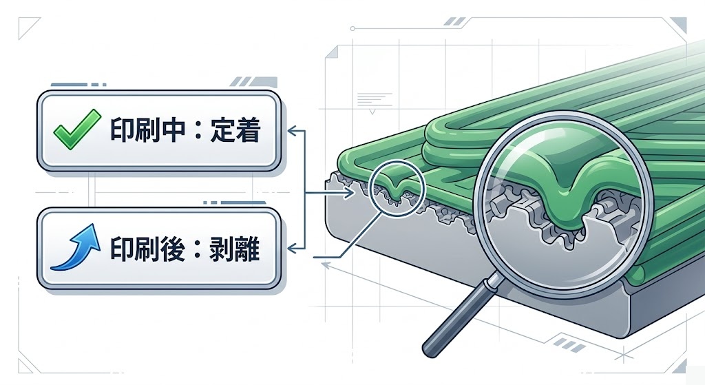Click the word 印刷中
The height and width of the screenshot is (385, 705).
point(145,131)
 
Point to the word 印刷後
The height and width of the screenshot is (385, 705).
point(145,248)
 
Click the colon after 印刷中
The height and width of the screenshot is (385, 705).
point(197,132)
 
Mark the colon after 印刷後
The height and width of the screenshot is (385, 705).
point(197,249)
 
